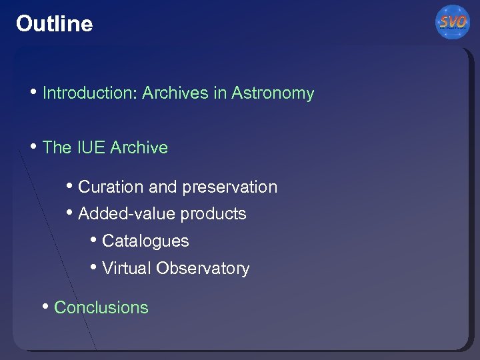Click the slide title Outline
point(54,24)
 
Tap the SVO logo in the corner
point(453,23)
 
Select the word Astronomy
point(273,93)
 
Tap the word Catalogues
point(145,241)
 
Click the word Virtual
point(127,269)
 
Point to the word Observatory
point(203,269)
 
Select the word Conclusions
point(101,307)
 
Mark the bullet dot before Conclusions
point(45,307)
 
